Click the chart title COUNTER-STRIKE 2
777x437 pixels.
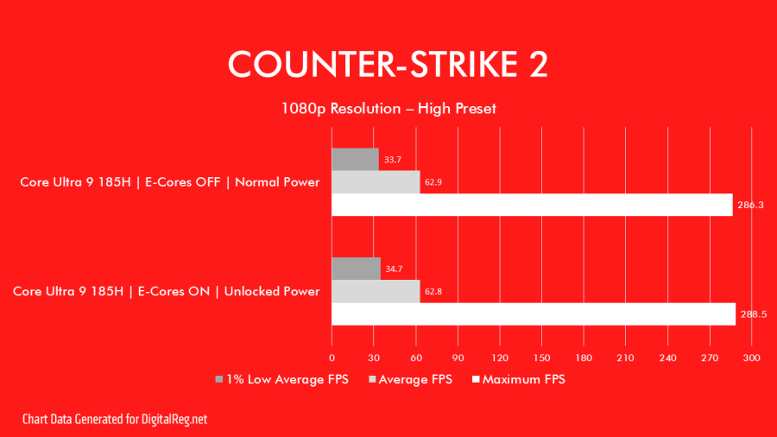tap(388, 65)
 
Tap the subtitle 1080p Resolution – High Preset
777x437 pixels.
tap(388, 109)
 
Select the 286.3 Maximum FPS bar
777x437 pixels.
tap(532, 205)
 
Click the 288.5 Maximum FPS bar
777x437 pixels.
tap(534, 314)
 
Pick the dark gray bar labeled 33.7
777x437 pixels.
tap(355, 160)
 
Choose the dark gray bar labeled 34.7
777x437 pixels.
tap(356, 269)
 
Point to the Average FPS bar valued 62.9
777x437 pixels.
tap(376, 182)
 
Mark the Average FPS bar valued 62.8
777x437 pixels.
tap(376, 291)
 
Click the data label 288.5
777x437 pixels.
tap(753, 314)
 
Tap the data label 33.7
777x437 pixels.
tap(393, 160)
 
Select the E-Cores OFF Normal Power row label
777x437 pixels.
tap(170, 182)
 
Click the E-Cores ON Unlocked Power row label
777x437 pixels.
tap(167, 291)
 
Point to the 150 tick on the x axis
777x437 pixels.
tap(541, 358)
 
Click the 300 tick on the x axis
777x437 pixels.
tap(751, 358)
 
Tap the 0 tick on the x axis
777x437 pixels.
tap(332, 358)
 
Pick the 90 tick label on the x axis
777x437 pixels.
tap(458, 358)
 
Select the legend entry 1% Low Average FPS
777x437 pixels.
tap(282, 379)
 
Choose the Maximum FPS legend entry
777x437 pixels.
tap(518, 379)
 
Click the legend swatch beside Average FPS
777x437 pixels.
tap(372, 379)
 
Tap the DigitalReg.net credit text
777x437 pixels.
tap(115, 419)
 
